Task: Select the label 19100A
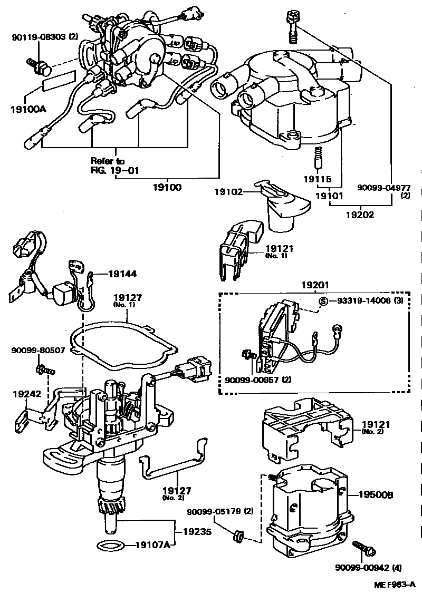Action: tap(28, 110)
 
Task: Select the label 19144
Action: tap(122, 274)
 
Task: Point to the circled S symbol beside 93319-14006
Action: tap(323, 301)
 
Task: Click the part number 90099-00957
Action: tap(251, 380)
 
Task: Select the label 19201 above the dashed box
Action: tap(315, 285)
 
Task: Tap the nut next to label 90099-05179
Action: tap(237, 537)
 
